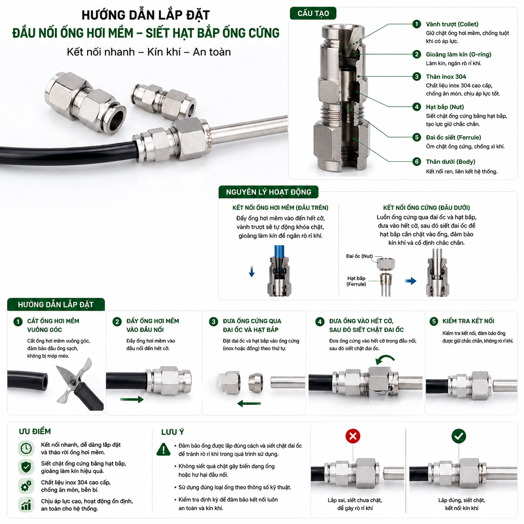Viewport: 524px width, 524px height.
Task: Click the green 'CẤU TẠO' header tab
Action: (x=313, y=13)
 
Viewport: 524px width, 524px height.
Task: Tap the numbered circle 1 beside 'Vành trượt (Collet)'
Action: (x=416, y=24)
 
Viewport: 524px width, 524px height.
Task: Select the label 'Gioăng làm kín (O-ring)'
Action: (x=458, y=54)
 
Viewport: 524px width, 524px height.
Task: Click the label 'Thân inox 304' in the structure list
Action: (x=446, y=77)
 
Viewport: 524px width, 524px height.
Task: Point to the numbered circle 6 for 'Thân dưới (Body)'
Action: (x=416, y=162)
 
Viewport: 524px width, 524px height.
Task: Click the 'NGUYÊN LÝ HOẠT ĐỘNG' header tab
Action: (x=268, y=192)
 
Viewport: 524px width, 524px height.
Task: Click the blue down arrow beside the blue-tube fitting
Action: (x=252, y=271)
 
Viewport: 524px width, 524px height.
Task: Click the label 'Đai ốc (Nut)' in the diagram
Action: (x=359, y=256)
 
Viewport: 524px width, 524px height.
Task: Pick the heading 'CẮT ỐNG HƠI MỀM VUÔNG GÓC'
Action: (x=53, y=325)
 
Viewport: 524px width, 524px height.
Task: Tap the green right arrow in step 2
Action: (x=132, y=399)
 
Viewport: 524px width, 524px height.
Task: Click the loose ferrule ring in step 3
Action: (x=256, y=382)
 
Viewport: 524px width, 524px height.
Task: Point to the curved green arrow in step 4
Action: (x=384, y=359)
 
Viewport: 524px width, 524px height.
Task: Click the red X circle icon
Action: (x=353, y=436)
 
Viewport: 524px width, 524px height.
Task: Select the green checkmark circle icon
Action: (x=458, y=436)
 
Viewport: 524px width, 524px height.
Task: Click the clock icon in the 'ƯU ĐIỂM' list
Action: (x=26, y=448)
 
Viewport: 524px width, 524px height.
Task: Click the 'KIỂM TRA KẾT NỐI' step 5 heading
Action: (x=468, y=321)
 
